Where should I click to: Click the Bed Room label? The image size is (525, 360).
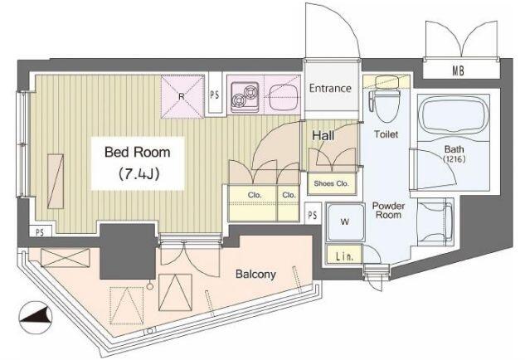click(138, 153)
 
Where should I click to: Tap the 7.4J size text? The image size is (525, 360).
click(139, 174)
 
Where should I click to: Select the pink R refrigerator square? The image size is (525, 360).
click(182, 96)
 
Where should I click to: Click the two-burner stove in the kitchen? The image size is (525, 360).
click(245, 97)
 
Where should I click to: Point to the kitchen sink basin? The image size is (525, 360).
click(284, 97)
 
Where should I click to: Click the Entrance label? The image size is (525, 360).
click(330, 89)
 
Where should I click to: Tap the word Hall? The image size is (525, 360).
click(323, 136)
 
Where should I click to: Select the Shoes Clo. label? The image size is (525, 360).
click(331, 183)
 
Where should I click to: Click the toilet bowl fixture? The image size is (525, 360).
click(386, 99)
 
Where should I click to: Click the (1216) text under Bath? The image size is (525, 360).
click(455, 159)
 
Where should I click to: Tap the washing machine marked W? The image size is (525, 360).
click(345, 221)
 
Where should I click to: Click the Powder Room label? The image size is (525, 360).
click(388, 211)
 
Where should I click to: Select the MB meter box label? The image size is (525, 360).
click(459, 71)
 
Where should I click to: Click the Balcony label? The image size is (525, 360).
click(255, 275)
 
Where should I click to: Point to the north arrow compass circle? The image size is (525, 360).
click(36, 318)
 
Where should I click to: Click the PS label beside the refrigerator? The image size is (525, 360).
click(215, 95)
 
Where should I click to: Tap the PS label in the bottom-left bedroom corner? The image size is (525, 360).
click(40, 232)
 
